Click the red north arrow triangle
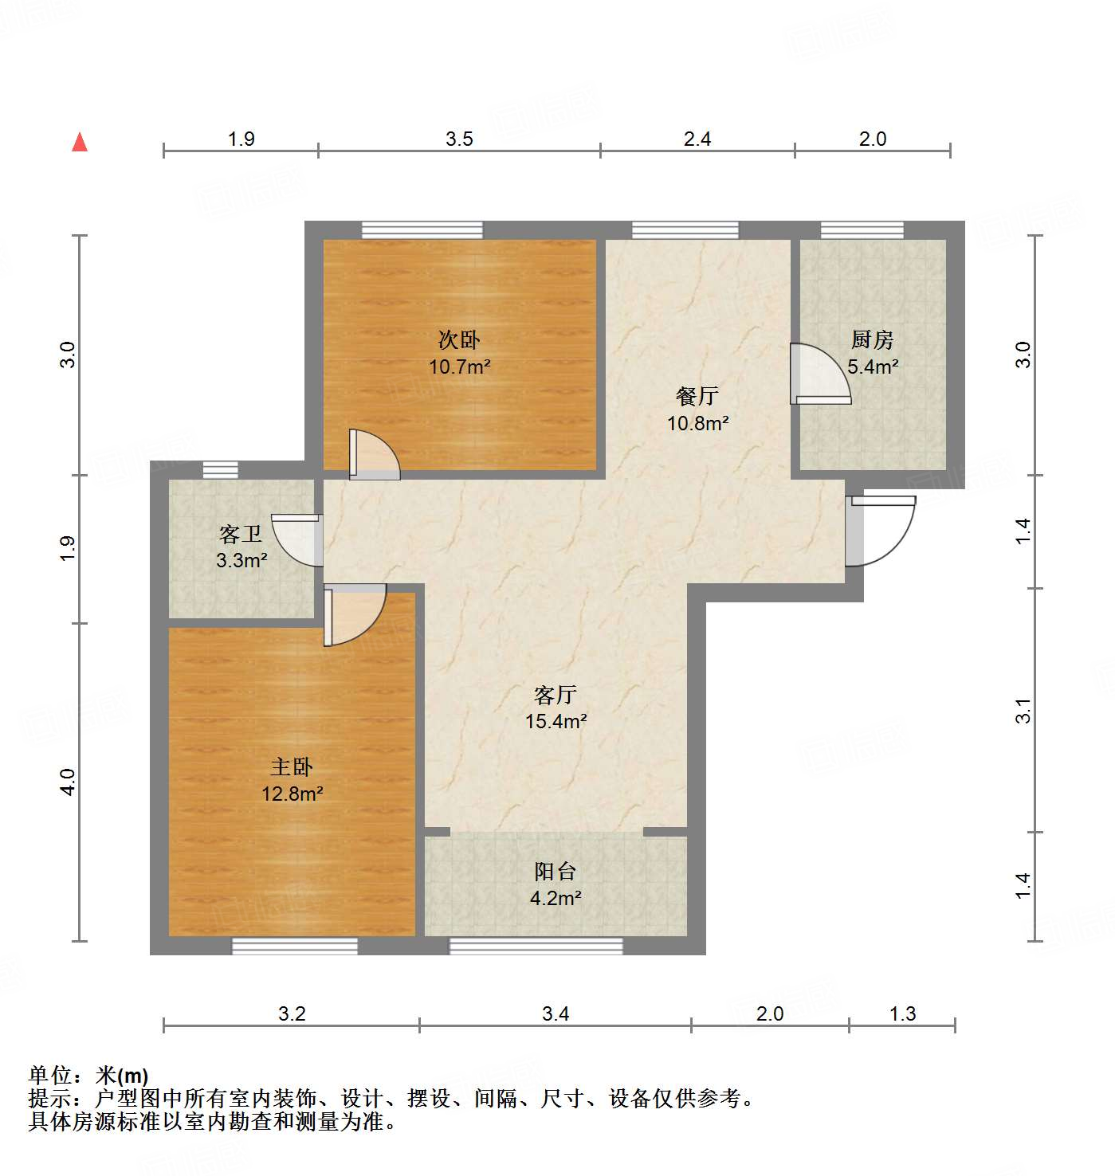[x=80, y=142]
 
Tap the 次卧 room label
[x=459, y=340]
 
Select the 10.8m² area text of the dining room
[x=697, y=423]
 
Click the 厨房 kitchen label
[x=872, y=340]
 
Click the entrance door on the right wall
[x=881, y=530]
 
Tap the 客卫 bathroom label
[x=241, y=534]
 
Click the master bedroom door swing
[x=354, y=613]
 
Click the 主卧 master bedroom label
[x=292, y=766]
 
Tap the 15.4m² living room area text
[x=556, y=721]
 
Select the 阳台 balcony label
[x=555, y=872]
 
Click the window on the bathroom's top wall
[x=220, y=469]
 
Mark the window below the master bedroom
[x=294, y=946]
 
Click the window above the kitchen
[x=862, y=230]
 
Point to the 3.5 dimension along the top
[x=459, y=139]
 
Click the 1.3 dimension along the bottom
[x=902, y=1013]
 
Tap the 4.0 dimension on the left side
[x=69, y=782]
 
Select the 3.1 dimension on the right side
[x=1023, y=711]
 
